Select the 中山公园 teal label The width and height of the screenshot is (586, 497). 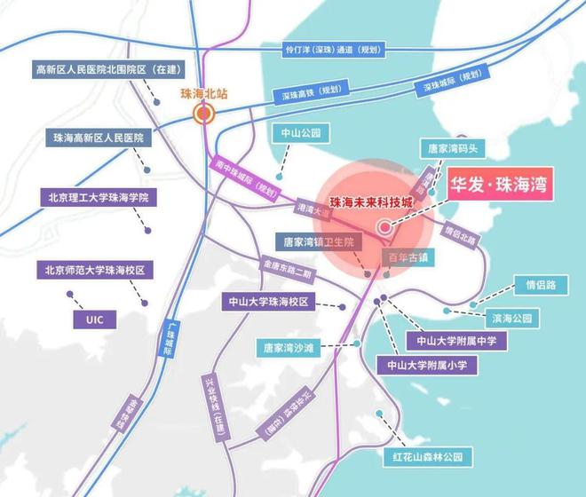(300, 133)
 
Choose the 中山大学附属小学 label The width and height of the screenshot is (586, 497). (428, 365)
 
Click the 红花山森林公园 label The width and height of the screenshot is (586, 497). (423, 457)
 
